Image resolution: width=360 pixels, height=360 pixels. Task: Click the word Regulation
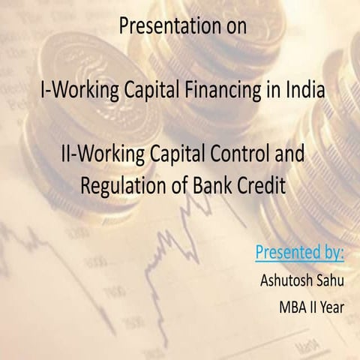tap(119, 186)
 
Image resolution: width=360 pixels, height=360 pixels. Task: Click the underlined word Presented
tap(283, 251)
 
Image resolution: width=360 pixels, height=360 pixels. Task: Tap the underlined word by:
tap(329, 251)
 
